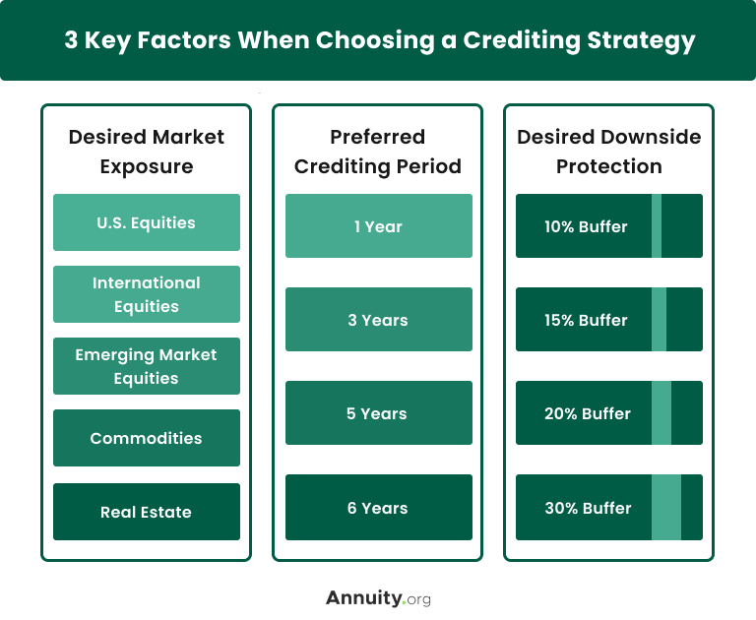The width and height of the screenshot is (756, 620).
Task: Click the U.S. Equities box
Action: click(x=146, y=222)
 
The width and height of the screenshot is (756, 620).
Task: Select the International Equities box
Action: click(x=146, y=294)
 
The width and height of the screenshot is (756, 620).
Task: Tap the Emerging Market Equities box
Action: click(x=146, y=366)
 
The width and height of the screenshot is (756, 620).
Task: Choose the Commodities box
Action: click(x=146, y=438)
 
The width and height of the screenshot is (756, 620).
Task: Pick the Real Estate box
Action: click(x=146, y=512)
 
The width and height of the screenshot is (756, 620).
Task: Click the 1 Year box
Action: click(x=378, y=226)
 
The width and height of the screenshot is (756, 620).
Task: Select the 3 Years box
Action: click(x=378, y=320)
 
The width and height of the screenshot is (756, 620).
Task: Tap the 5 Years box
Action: click(x=378, y=413)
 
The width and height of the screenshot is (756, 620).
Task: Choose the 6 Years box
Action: click(x=378, y=508)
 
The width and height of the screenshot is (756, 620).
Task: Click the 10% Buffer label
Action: click(x=586, y=226)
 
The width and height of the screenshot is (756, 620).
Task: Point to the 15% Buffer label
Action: click(x=586, y=320)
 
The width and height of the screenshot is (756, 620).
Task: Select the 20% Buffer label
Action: click(x=587, y=413)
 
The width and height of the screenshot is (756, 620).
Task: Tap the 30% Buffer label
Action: click(x=587, y=508)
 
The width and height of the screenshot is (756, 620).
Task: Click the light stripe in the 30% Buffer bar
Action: click(x=666, y=508)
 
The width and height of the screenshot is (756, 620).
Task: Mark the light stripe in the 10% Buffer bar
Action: click(x=657, y=226)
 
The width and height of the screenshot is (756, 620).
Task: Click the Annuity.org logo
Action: click(x=378, y=597)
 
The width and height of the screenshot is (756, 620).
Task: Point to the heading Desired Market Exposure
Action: click(x=146, y=151)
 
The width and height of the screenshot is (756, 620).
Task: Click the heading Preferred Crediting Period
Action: click(x=378, y=151)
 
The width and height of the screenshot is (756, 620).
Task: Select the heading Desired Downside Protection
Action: click(x=609, y=151)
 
